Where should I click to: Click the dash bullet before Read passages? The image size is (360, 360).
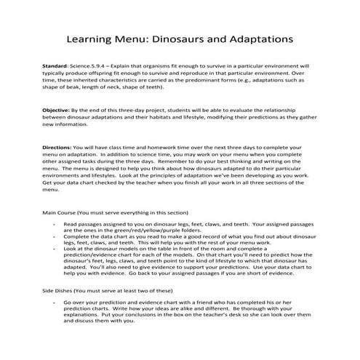pyautogui.click(x=56, y=225)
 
